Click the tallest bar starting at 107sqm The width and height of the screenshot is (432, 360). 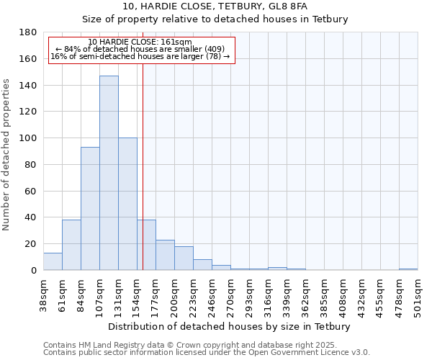[109, 173]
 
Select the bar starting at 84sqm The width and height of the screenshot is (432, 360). [90, 209]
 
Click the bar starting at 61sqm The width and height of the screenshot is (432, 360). [71, 245]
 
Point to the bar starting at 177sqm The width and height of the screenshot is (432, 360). [165, 255]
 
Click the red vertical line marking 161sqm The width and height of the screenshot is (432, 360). [143, 180]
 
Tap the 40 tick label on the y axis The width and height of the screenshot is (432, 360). [32, 217]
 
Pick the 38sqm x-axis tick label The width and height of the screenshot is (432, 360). [43, 294]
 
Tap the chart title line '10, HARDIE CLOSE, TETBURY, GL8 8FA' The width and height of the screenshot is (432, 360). [215, 6]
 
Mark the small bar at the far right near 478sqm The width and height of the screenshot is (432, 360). [408, 269]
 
